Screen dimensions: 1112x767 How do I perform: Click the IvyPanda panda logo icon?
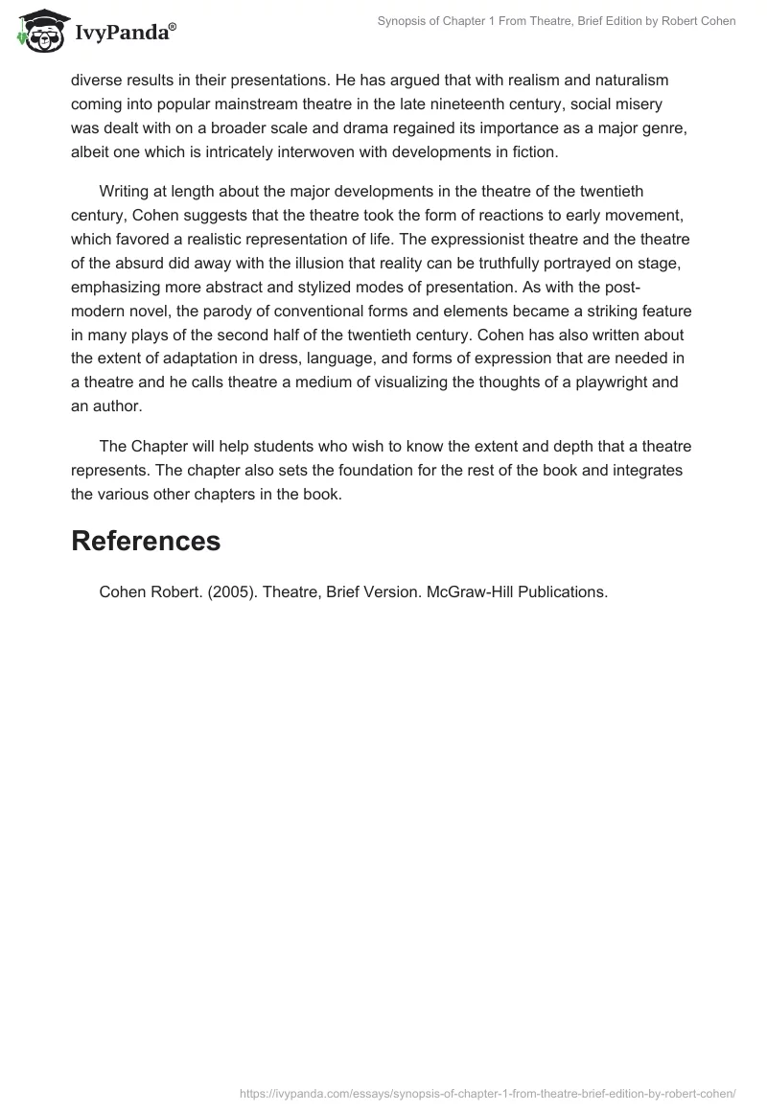click(36, 31)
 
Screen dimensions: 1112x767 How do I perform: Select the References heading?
click(146, 541)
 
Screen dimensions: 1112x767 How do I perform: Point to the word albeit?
click(93, 151)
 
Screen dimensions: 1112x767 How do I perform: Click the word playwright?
click(605, 382)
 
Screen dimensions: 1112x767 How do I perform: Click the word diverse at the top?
click(97, 80)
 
